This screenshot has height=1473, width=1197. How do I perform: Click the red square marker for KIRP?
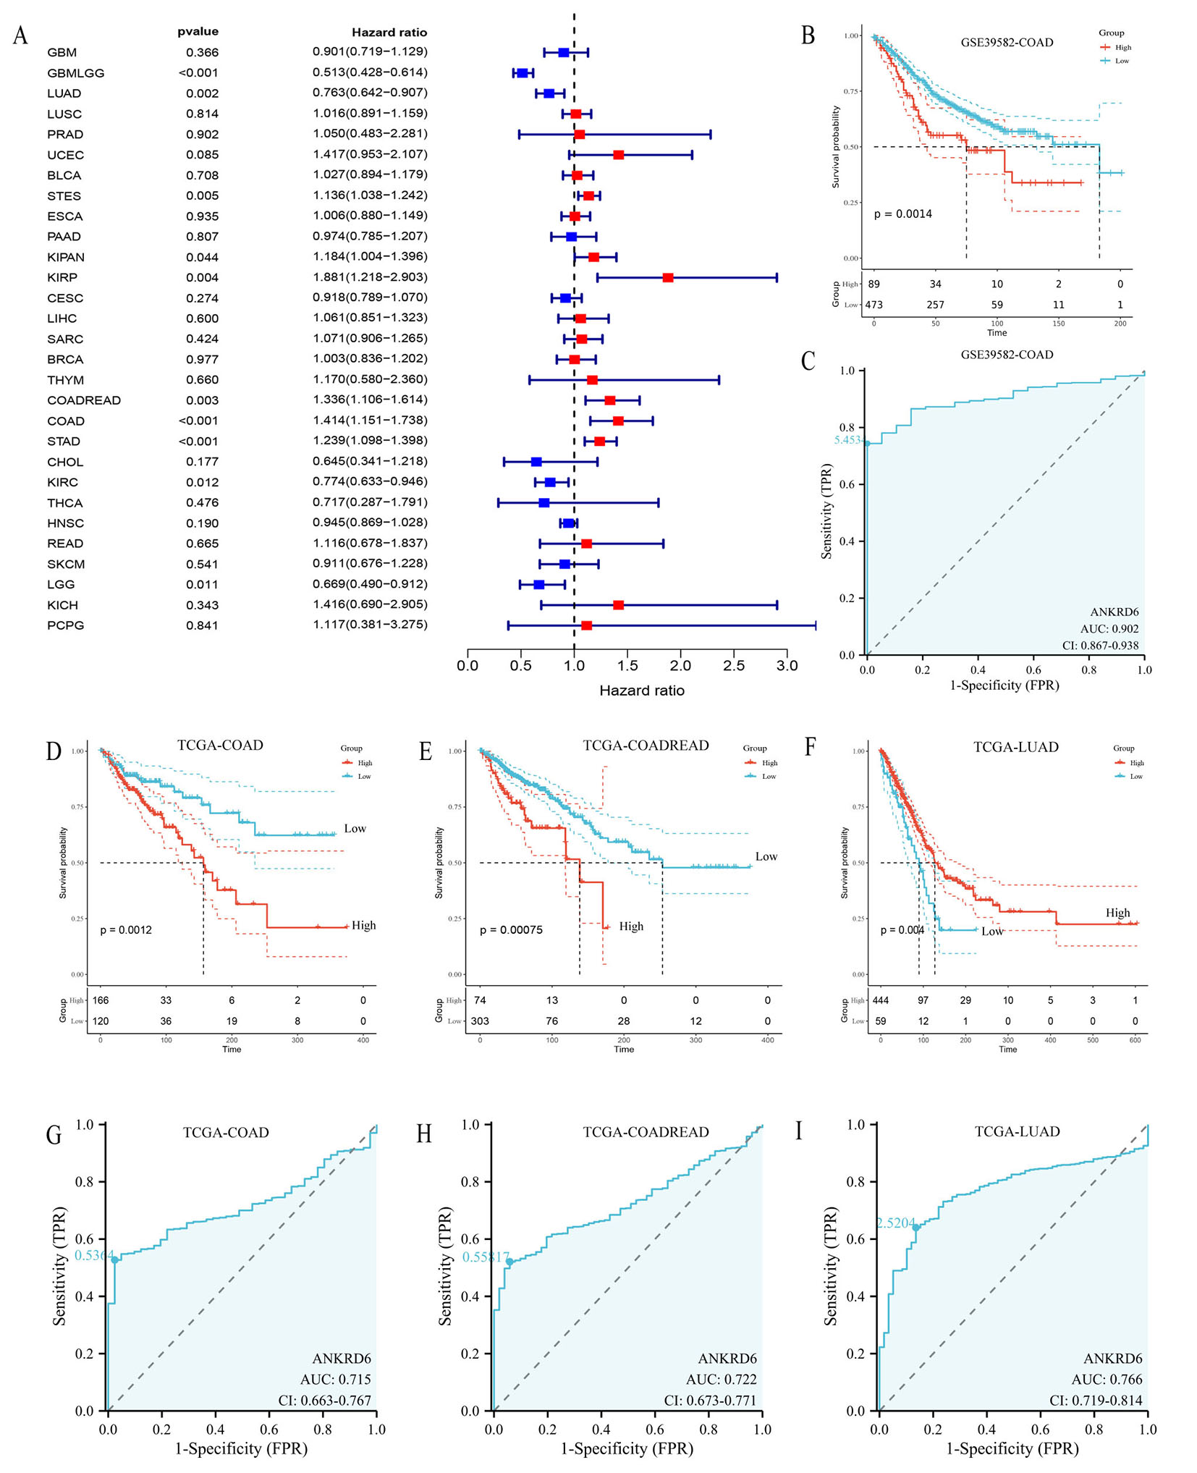pos(667,277)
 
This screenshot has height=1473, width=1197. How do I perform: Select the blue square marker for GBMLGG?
pos(522,73)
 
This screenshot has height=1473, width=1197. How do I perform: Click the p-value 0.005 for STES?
pos(202,195)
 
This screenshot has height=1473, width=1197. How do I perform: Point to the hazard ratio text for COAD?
pos(370,421)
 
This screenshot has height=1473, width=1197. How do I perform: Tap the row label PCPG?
pos(66,625)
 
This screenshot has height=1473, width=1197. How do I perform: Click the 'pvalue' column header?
pos(198,32)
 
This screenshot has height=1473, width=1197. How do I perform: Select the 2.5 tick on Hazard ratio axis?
pos(733,665)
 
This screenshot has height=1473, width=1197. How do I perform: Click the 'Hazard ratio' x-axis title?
pos(641,691)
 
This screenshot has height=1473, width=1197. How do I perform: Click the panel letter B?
pos(808,35)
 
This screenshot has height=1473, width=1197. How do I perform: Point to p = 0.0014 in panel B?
pos(902,214)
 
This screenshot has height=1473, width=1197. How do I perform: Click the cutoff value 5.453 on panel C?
pos(847,439)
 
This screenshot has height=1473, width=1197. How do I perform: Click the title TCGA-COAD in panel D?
pos(220,745)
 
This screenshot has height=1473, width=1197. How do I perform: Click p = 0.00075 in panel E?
pos(511,929)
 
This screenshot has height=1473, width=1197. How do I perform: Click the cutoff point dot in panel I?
pos(915,1227)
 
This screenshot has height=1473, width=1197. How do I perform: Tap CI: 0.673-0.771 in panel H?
pos(709,1401)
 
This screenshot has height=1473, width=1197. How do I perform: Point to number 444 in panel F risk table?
pos(880,1000)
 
